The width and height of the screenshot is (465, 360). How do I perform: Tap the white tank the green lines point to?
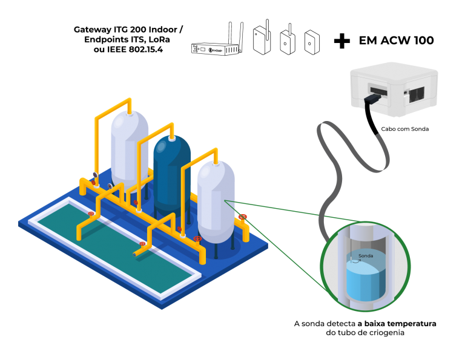click(216, 203)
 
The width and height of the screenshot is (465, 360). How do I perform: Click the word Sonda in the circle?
click(366, 256)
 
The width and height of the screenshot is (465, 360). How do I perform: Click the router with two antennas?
click(217, 48)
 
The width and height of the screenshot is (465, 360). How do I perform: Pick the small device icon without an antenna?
click(312, 42)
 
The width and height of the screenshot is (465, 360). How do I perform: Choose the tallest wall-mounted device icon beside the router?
click(262, 40)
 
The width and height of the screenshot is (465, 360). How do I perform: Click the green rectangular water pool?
click(115, 248)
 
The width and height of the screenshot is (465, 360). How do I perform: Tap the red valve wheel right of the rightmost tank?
click(242, 216)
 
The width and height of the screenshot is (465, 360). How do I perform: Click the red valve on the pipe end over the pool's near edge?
click(142, 244)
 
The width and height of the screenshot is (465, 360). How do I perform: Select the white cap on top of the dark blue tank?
click(172, 139)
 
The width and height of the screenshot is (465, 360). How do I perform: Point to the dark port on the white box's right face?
click(417, 94)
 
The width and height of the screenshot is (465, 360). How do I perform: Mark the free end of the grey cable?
click(378, 136)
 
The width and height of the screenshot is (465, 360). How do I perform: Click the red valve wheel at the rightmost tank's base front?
click(197, 238)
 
